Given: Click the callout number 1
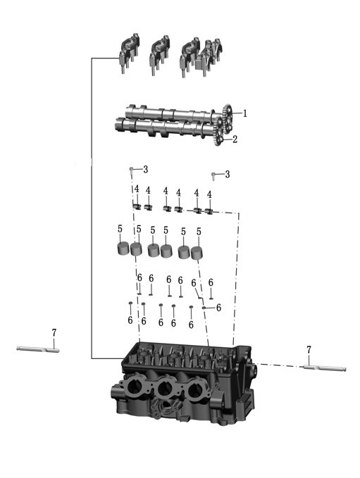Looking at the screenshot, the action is click(x=244, y=114).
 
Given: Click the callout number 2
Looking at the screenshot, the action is click(x=235, y=139).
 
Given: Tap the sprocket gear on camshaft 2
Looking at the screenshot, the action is click(x=218, y=132).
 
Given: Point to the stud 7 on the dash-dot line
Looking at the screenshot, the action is click(x=325, y=368).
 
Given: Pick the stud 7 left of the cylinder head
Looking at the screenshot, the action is click(x=38, y=349).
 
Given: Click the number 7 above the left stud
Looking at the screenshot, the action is click(x=54, y=333).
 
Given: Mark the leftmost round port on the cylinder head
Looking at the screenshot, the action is click(x=133, y=386).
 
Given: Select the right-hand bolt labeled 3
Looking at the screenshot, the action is click(x=214, y=176).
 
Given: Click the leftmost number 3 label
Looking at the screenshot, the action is click(x=146, y=170).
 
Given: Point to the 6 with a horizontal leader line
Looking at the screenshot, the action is click(x=218, y=308).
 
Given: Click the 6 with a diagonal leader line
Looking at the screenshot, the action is click(x=194, y=283).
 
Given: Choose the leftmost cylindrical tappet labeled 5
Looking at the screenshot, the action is click(x=123, y=249).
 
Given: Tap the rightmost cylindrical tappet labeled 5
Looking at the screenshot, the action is click(x=197, y=253).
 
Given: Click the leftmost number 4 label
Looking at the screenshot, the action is click(x=137, y=189).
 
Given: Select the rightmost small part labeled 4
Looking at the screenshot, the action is click(x=209, y=210).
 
